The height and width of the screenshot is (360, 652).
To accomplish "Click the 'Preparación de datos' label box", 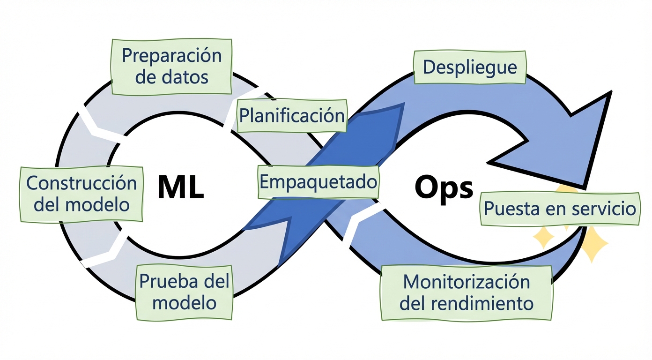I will [x=171, y=66].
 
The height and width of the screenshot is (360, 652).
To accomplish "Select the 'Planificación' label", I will [x=292, y=115].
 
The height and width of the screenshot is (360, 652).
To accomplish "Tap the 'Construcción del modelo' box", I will [x=81, y=193].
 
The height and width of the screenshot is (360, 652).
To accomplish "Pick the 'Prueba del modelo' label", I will [x=185, y=292].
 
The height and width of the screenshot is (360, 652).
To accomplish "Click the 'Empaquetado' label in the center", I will [x=319, y=181].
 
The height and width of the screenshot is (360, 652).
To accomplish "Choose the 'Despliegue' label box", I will [x=470, y=67].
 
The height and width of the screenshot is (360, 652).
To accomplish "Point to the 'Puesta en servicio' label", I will [x=560, y=208].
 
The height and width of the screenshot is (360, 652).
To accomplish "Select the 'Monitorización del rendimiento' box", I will [x=467, y=292].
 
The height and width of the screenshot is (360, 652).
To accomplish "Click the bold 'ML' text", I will [x=181, y=187].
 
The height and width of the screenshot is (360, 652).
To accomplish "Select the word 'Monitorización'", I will [x=467, y=282].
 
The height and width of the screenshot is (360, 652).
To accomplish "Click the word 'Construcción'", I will [x=81, y=183].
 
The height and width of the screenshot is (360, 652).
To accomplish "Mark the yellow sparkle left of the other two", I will [x=544, y=237].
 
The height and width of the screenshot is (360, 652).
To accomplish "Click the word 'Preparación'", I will [x=171, y=56].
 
